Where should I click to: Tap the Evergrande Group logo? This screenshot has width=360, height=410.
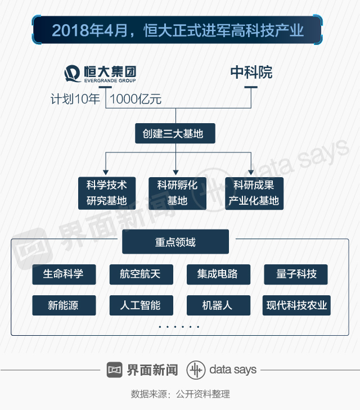pyautogui.click(x=100, y=74)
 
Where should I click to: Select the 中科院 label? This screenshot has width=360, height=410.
pyautogui.click(x=251, y=73)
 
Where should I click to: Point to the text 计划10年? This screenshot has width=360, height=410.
pyautogui.click(x=75, y=100)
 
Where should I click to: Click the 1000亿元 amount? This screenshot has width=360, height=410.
pyautogui.click(x=136, y=100)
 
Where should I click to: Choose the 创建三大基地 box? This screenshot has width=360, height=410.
pyautogui.click(x=175, y=134)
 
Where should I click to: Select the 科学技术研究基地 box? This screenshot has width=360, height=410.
pyautogui.click(x=106, y=193)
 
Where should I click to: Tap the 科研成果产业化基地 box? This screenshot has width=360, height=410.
pyautogui.click(x=254, y=193)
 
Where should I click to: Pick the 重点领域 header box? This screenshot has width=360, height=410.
pyautogui.click(x=175, y=242)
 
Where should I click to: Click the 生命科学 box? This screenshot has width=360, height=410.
pyautogui.click(x=64, y=274)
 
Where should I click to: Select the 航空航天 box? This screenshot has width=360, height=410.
pyautogui.click(x=141, y=274)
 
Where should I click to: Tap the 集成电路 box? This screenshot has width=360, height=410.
pyautogui.click(x=218, y=274)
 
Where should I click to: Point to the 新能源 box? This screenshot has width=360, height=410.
pyautogui.click(x=64, y=305)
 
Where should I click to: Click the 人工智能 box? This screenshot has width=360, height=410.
pyautogui.click(x=141, y=305)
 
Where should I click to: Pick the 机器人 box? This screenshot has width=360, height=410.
pyautogui.click(x=218, y=305)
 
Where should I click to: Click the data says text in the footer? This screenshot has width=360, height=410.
pyautogui.click(x=232, y=370)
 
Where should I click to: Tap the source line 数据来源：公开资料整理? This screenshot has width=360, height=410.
pyautogui.click(x=180, y=394)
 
